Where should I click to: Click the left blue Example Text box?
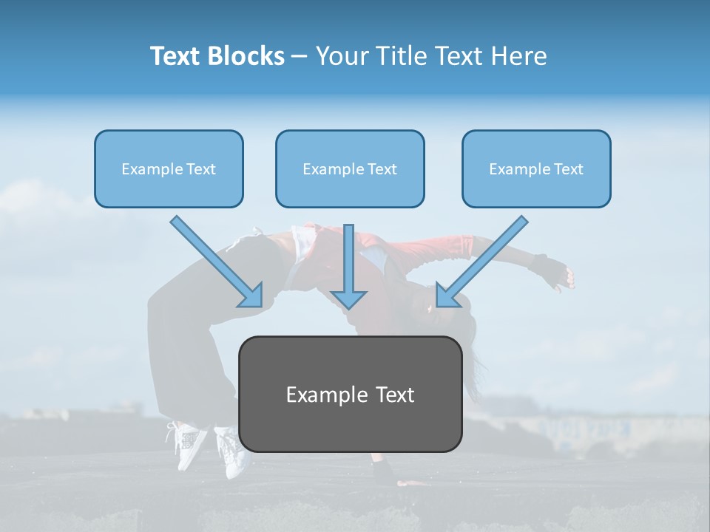point(169,168)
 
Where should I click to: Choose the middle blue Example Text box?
point(350,168)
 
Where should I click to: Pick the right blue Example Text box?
point(536,168)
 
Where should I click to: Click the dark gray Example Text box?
point(350,394)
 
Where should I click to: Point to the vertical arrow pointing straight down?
point(349,266)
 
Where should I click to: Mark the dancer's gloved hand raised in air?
point(551,272)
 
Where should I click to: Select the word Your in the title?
point(342,56)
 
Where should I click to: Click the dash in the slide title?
point(300,56)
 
